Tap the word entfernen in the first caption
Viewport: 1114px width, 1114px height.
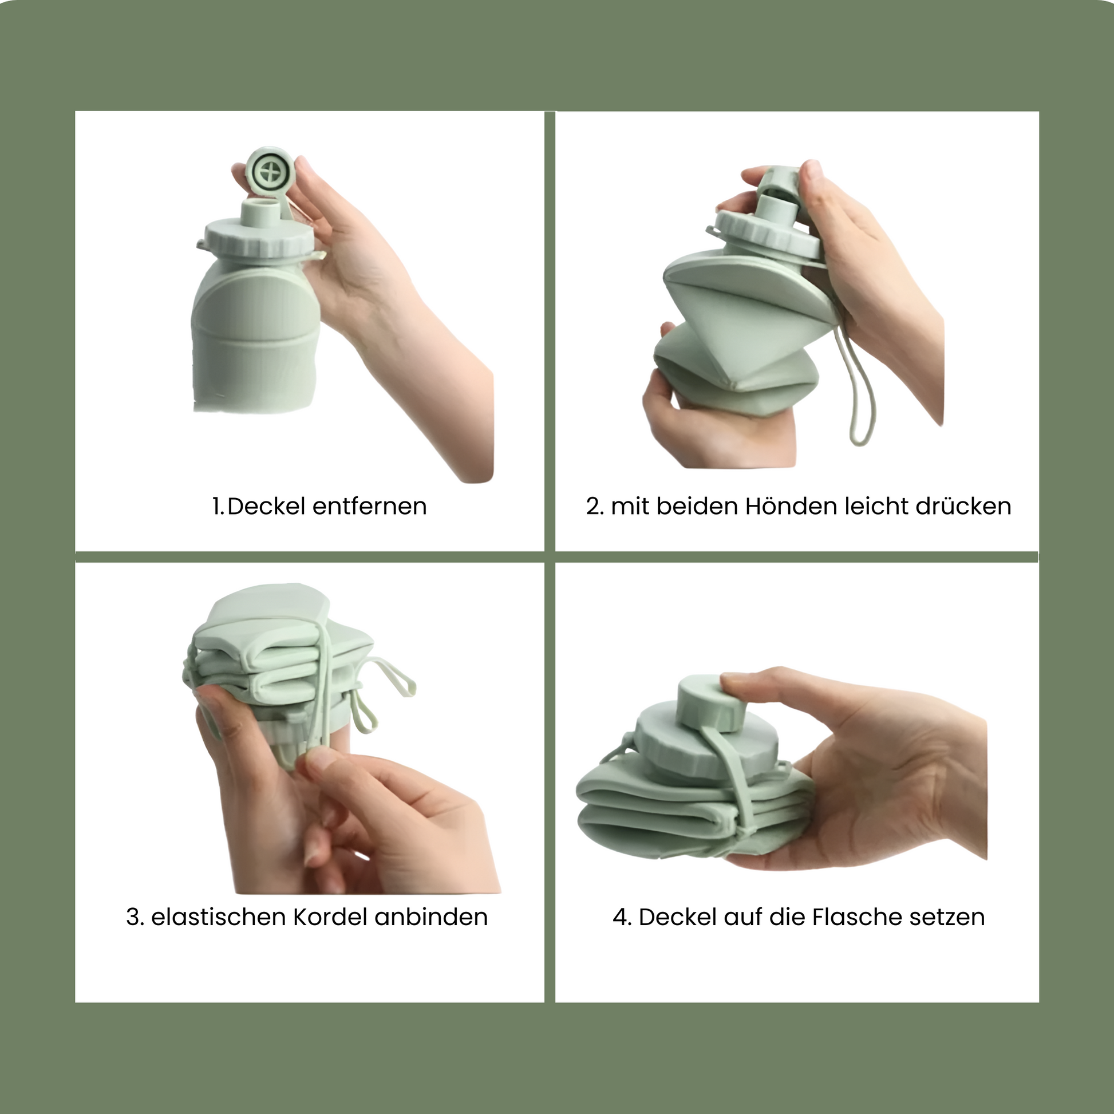coord(369,506)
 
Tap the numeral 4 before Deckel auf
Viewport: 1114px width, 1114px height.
coord(621,917)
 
